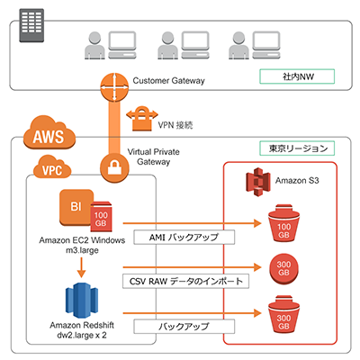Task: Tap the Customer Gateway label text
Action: point(169,81)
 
